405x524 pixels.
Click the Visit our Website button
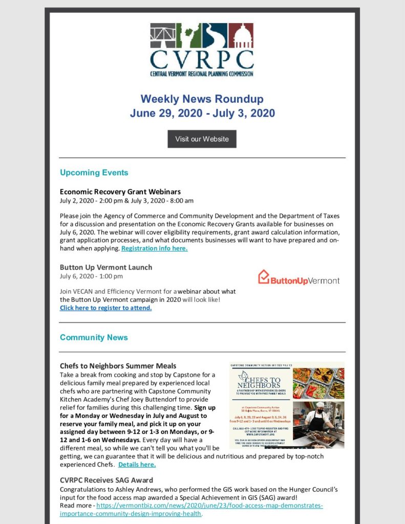click(x=202, y=139)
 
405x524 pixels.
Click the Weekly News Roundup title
click(x=202, y=99)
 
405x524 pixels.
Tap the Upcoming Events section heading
click(x=94, y=172)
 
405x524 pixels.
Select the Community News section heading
click(x=94, y=337)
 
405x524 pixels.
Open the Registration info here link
click(x=155, y=248)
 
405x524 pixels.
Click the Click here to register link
click(x=105, y=308)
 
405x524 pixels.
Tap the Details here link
click(x=137, y=465)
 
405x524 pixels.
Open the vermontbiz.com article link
click(x=191, y=510)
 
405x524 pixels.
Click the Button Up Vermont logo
click(x=299, y=278)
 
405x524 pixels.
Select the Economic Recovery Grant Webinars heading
click(x=120, y=192)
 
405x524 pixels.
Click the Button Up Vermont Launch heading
click(x=105, y=267)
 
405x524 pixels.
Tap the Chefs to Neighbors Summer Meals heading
click(x=118, y=366)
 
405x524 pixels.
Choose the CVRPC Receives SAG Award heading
click(x=106, y=480)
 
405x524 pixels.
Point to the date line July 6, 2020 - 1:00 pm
click(x=91, y=276)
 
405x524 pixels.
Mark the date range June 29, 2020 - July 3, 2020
click(x=202, y=113)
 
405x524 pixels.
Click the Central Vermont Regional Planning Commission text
click(x=202, y=73)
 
